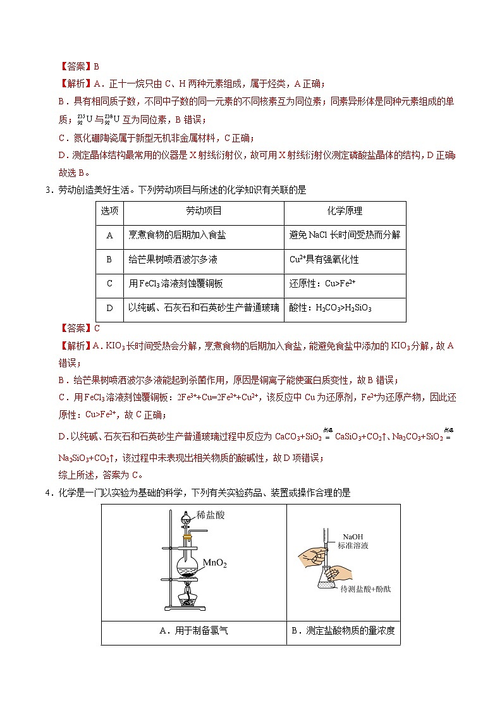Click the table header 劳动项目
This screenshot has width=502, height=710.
(204, 211)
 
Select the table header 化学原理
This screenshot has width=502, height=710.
(345, 211)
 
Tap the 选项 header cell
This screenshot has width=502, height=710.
(109, 211)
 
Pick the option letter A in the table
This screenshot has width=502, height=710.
(109, 235)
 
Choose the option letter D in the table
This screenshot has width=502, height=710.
(109, 308)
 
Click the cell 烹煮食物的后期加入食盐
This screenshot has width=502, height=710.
(177, 235)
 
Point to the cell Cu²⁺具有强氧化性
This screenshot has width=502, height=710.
(324, 260)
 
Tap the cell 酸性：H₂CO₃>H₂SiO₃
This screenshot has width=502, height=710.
(330, 308)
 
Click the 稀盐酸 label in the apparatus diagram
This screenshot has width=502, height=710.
(211, 515)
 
